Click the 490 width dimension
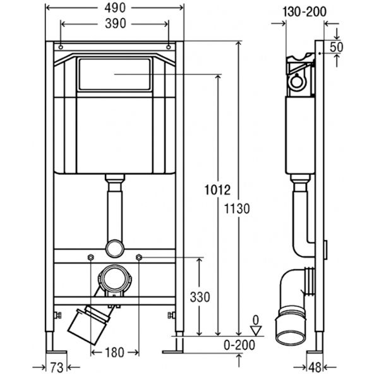pyautogui.click(x=115, y=8)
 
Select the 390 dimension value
pyautogui.click(x=116, y=24)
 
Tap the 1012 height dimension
pyautogui.click(x=217, y=189)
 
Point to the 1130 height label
pyautogui.click(x=237, y=209)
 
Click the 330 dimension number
pyautogui.click(x=200, y=297)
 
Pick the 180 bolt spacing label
pyautogui.click(x=114, y=352)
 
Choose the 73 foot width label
pyautogui.click(x=57, y=368)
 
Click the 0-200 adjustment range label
pyautogui.click(x=239, y=345)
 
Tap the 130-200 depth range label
pyautogui.click(x=304, y=11)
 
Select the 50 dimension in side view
pyautogui.click(x=337, y=47)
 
